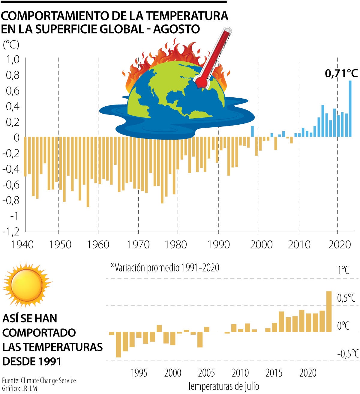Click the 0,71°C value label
point(341,73)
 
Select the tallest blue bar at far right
point(350,109)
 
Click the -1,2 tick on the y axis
point(11,231)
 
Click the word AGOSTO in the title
point(177,29)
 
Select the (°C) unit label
point(11,45)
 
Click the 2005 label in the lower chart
point(206,373)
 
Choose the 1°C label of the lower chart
point(343,270)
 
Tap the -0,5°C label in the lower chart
point(348,354)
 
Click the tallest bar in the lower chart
point(329,312)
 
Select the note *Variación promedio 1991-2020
point(165,267)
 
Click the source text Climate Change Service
point(48,381)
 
